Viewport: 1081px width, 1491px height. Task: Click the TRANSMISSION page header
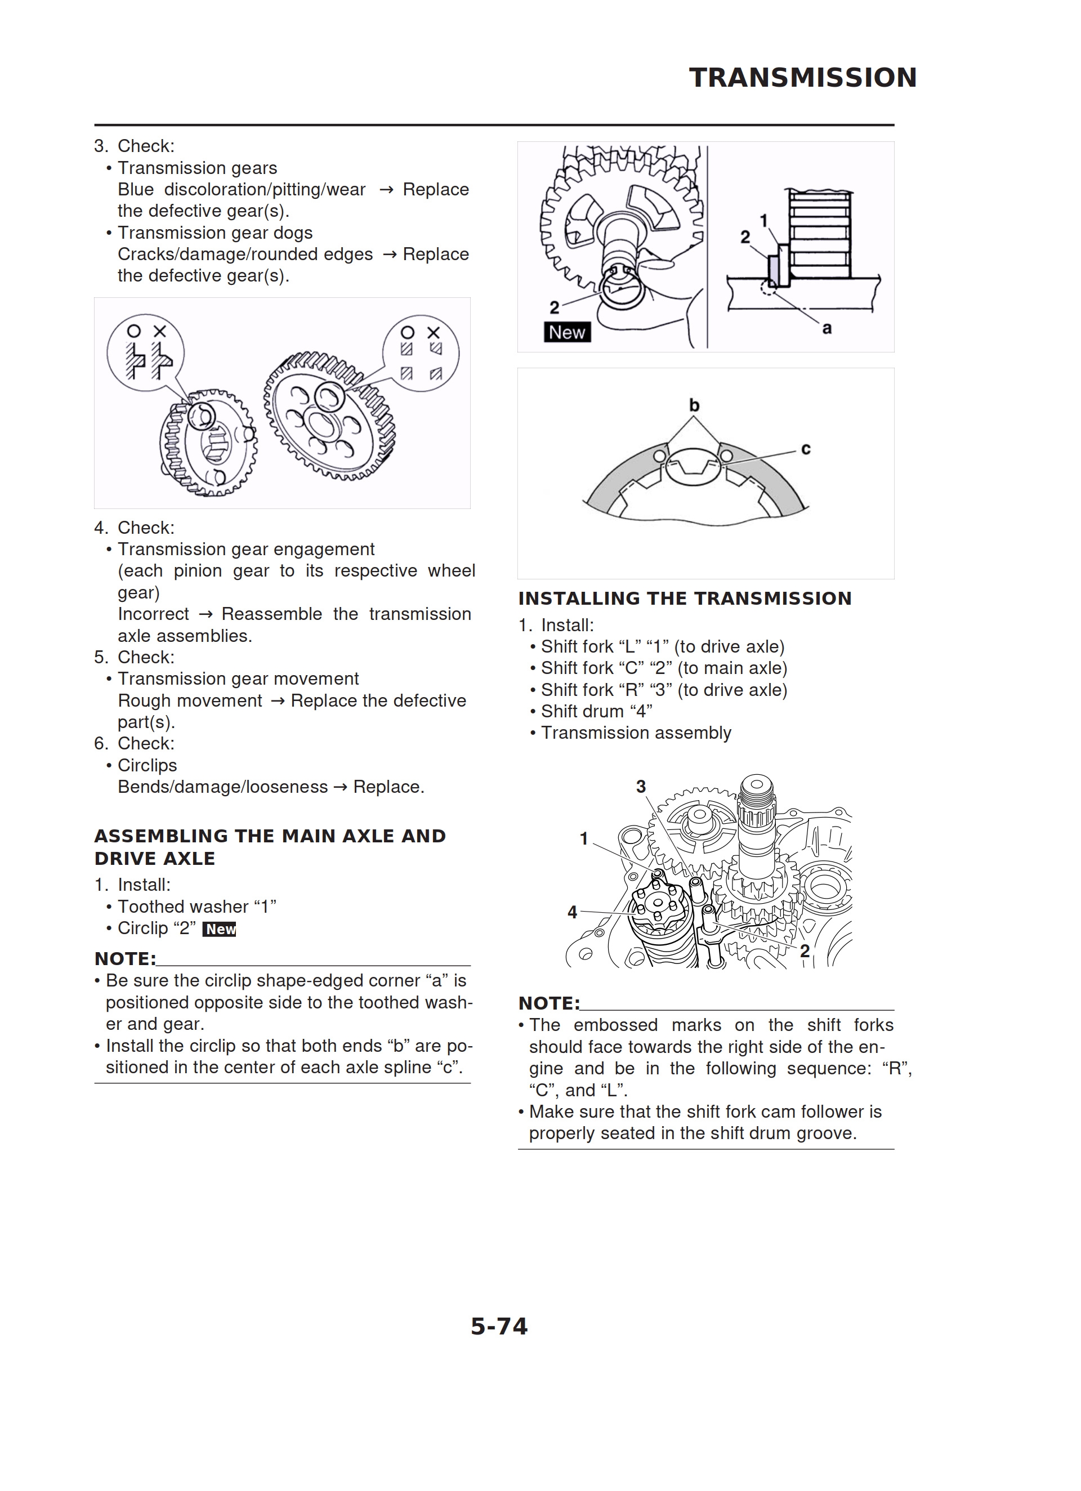802,78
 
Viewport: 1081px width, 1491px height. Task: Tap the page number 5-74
499,1327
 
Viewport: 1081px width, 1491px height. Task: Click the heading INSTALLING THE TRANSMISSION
685,598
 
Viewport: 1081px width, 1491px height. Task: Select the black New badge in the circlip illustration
567,333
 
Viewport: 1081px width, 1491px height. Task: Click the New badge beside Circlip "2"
220,929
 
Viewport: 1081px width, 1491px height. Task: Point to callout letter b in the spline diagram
694,405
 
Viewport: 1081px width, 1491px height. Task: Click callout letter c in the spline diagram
806,449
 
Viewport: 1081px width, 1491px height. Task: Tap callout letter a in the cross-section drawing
827,328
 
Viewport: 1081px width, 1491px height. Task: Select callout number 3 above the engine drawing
641,786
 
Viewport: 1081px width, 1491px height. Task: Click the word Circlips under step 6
148,765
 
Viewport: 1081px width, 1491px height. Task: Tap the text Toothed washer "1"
196,907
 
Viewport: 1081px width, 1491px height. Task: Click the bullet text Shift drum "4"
596,711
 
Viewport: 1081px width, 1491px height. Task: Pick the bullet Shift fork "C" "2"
663,668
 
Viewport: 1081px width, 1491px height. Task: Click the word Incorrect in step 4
153,614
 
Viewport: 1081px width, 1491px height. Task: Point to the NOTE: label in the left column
125,958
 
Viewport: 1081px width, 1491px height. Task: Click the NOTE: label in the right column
549,1003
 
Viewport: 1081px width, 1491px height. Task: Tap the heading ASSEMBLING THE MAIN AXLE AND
270,836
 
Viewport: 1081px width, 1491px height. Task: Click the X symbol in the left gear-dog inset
160,331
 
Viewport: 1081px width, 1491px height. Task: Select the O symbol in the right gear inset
408,333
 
